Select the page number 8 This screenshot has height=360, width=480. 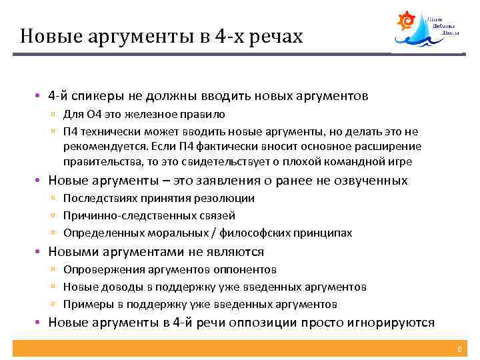coord(459,349)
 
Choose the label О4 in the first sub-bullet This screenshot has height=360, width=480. coord(95,114)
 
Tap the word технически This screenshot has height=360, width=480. coord(111,131)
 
